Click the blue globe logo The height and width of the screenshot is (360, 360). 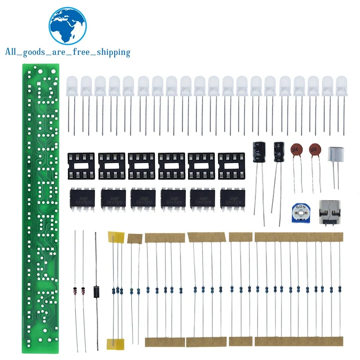point(67,26)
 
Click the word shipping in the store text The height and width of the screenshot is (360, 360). point(111,52)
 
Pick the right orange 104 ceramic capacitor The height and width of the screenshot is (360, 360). point(315,149)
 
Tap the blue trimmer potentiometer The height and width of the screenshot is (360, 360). point(297,211)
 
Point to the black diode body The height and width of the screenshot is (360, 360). point(95,291)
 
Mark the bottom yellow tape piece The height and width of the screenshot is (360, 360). point(115,344)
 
